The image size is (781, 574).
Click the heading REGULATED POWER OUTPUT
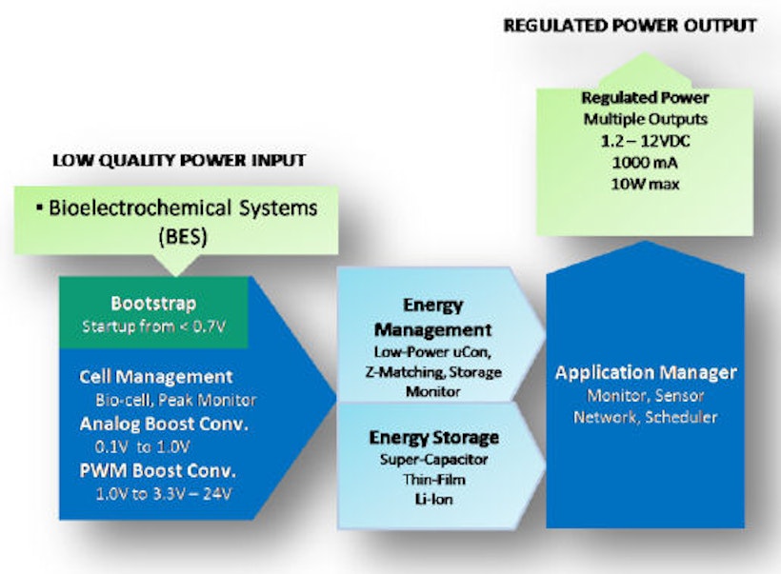pos(631,26)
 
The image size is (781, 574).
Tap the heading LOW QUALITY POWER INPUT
pos(178,161)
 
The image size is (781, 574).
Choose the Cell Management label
pos(155,377)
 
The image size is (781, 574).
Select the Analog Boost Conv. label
pos(164,424)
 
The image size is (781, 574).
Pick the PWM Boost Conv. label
pos(158,471)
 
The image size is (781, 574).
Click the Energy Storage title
pos(434,438)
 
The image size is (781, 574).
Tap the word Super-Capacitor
pos(433,460)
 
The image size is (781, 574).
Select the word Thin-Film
pos(434,479)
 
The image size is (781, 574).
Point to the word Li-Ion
pos(434,499)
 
